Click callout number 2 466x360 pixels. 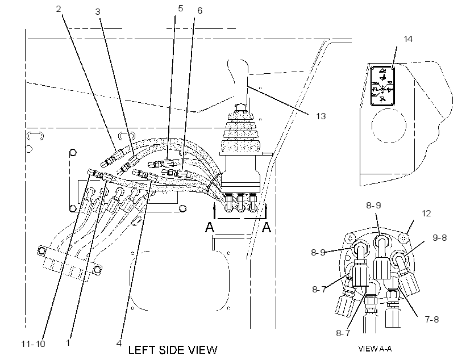[59, 9]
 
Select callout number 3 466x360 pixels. [98, 11]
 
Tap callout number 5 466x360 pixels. [180, 9]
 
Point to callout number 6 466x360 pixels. [199, 10]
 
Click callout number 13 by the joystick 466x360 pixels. [321, 116]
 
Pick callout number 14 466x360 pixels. [408, 39]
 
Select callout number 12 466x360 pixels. [426, 214]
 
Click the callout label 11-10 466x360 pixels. [33, 344]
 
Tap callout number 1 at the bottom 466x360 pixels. [68, 343]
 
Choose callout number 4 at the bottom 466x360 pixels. [119, 343]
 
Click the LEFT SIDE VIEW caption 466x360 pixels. [173, 350]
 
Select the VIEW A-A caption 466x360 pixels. [375, 349]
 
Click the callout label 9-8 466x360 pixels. [439, 237]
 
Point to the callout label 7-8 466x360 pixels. [432, 319]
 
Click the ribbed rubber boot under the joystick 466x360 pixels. [240, 133]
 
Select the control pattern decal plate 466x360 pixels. [382, 86]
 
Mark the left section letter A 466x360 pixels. [210, 227]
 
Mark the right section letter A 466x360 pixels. [267, 227]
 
